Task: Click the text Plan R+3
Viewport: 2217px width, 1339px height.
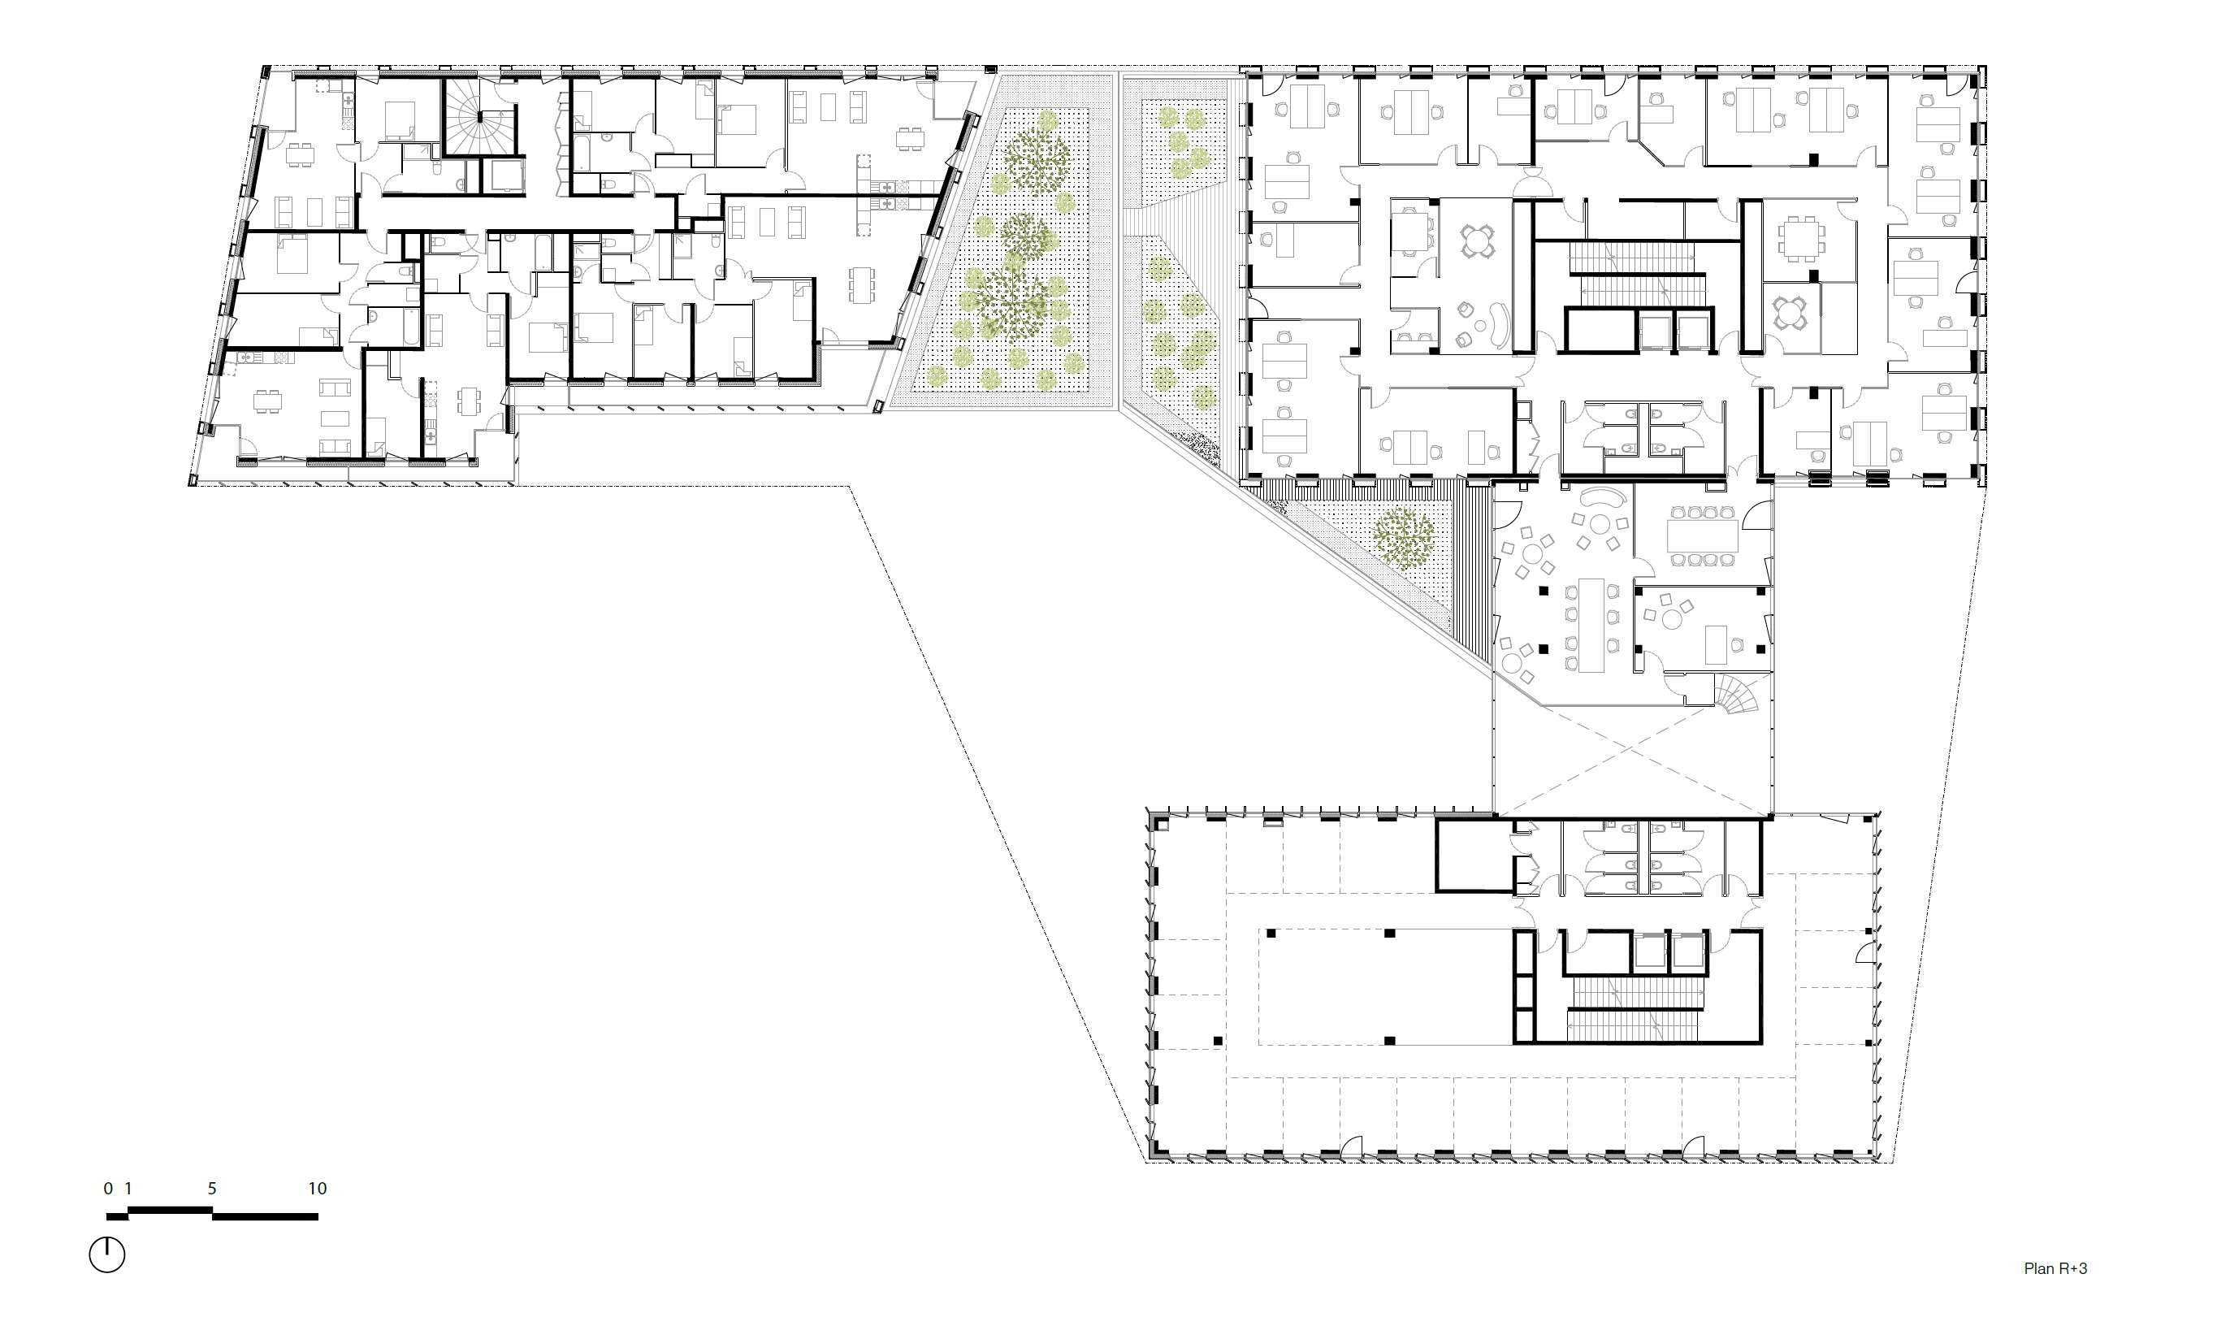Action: (x=2055, y=1269)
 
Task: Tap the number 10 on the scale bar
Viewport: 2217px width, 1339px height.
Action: (x=318, y=1189)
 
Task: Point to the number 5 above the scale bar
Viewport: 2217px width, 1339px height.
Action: (x=212, y=1189)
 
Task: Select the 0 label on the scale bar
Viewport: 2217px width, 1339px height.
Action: (x=108, y=1189)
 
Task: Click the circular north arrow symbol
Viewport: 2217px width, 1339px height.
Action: (x=107, y=1254)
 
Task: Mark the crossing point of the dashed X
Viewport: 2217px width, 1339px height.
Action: (x=1631, y=747)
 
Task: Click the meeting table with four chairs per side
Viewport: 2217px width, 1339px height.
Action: (x=1701, y=536)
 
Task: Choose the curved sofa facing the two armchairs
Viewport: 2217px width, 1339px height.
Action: (x=1498, y=326)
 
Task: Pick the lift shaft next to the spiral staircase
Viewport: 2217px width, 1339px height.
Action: (x=504, y=176)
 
